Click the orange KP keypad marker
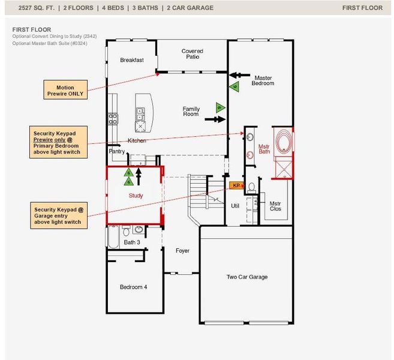(236, 185)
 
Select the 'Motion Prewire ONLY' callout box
(65, 91)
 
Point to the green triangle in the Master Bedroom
(235, 87)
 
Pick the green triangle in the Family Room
(219, 108)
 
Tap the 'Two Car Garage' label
(246, 277)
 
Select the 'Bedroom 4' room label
(133, 287)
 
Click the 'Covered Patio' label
(192, 55)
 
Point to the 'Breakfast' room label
(131, 60)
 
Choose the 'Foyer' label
(182, 250)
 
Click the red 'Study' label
(136, 196)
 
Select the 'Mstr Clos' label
(275, 206)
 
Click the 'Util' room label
(235, 206)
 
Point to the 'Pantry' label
(116, 152)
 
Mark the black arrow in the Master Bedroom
(240, 75)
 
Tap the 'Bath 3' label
(132, 242)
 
